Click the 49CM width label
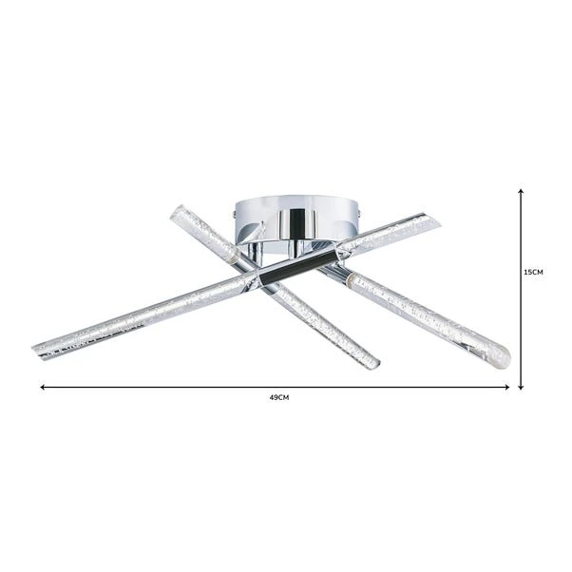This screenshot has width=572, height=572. pyautogui.click(x=279, y=397)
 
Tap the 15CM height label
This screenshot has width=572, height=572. pyautogui.click(x=533, y=272)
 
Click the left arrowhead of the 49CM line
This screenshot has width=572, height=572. pyautogui.click(x=43, y=387)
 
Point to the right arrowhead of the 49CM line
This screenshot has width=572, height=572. pyautogui.click(x=507, y=387)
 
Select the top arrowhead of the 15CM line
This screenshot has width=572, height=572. pyautogui.click(x=521, y=192)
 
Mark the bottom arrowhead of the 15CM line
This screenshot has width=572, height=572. pyautogui.click(x=521, y=387)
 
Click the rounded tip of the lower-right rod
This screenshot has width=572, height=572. pyautogui.click(x=503, y=358)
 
